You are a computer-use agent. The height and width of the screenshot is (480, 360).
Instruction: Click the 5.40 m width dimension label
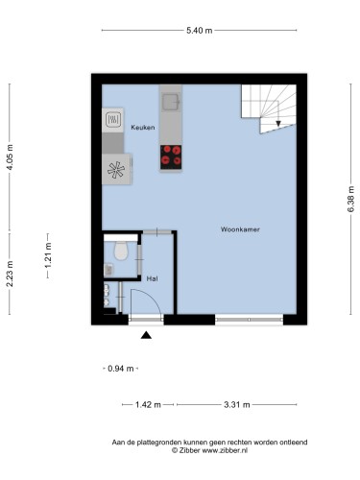200,31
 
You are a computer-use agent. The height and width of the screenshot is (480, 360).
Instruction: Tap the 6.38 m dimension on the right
351,199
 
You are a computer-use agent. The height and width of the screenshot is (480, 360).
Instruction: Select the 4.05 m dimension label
11,157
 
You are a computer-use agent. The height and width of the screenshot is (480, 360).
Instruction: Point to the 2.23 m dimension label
11,274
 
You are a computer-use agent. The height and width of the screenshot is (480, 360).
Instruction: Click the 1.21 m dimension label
48,255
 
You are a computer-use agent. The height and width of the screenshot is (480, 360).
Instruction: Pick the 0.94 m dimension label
121,369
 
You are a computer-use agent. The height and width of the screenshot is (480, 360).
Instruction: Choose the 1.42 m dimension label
148,405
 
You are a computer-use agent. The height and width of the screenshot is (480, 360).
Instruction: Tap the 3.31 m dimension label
237,405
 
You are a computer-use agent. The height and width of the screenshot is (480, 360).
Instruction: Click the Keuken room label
143,128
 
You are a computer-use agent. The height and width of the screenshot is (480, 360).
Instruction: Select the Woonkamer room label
240,229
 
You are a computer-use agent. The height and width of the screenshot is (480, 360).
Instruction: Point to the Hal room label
152,278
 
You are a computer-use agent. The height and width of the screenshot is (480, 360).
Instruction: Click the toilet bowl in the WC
121,251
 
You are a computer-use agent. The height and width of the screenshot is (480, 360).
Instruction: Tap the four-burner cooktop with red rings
171,157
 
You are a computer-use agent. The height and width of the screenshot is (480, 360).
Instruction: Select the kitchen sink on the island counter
171,102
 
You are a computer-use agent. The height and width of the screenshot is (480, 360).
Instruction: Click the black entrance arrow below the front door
146,335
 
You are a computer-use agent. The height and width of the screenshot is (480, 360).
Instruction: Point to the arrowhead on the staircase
278,124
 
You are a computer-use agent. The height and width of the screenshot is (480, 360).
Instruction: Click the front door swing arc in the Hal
151,297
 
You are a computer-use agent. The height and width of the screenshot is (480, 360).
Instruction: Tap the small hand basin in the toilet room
108,270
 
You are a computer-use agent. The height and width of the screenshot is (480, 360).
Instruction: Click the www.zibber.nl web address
225,450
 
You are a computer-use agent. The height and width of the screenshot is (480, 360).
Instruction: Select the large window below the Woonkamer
249,320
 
